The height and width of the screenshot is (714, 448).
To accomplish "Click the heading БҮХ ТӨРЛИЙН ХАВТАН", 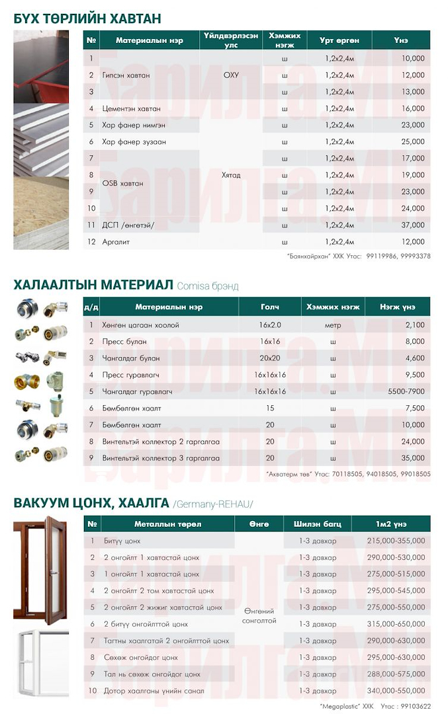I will point(87,18).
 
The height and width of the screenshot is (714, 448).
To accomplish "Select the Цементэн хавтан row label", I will point(131,108).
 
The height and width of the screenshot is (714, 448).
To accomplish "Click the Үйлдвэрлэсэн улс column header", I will point(231,40).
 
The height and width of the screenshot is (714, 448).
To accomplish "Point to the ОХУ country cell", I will point(231,75).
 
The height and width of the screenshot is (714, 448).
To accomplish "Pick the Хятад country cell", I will point(231,175).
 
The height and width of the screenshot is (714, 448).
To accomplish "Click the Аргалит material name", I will point(116,242).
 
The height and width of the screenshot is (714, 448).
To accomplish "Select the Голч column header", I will point(270,307).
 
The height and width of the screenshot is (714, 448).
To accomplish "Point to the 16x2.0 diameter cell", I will point(270,325).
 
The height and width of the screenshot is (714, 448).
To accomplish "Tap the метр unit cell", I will point(333,325).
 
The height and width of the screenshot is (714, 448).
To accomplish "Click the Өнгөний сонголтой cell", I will point(259,616).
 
